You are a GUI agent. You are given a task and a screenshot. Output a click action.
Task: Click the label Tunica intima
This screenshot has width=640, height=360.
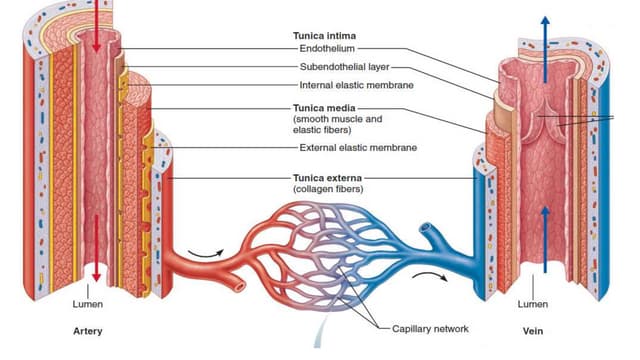pos(321,34)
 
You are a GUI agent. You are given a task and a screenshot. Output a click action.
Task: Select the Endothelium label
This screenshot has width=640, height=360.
pos(326,47)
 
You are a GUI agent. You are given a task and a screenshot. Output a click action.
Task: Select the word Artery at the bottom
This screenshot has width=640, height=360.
pos(88,330)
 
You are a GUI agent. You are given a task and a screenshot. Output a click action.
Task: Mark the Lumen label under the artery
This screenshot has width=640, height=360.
pos(88,304)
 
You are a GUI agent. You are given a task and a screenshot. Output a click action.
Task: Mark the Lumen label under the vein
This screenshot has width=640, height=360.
pos(532,304)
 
